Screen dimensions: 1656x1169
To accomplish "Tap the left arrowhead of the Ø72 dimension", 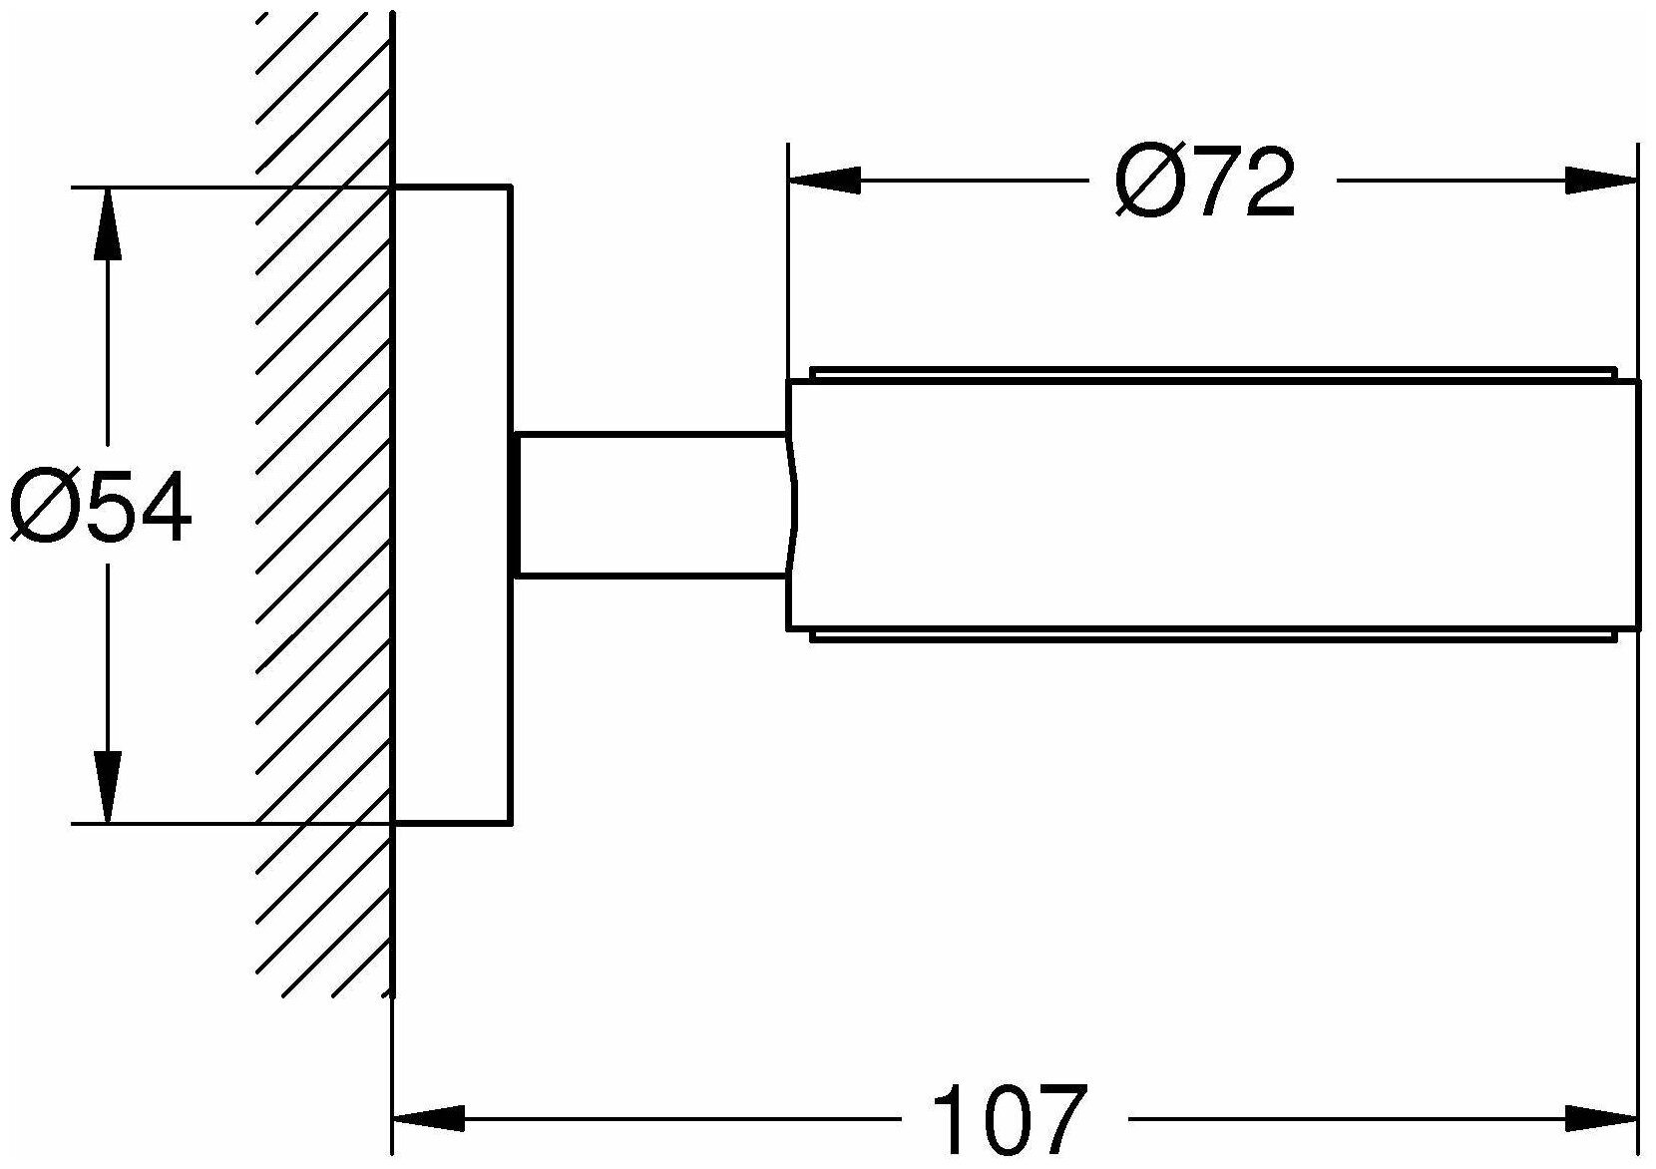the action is [824, 181].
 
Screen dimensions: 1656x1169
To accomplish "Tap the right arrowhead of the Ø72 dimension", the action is [1601, 181].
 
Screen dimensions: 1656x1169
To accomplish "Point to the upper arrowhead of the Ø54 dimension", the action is [108, 224].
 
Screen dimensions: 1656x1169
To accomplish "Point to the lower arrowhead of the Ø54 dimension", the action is [108, 787].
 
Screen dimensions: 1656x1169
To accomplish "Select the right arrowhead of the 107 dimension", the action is [1601, 1119].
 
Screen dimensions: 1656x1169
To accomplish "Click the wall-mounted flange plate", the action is [451, 505].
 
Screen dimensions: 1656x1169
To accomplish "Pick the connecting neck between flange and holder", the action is [648, 505].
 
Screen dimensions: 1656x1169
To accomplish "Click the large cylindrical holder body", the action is [1212, 505].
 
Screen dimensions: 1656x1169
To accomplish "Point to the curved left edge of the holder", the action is [791, 505].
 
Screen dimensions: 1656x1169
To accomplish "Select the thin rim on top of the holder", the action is [1212, 374].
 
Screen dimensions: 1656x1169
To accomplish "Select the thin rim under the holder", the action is [1212, 635].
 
